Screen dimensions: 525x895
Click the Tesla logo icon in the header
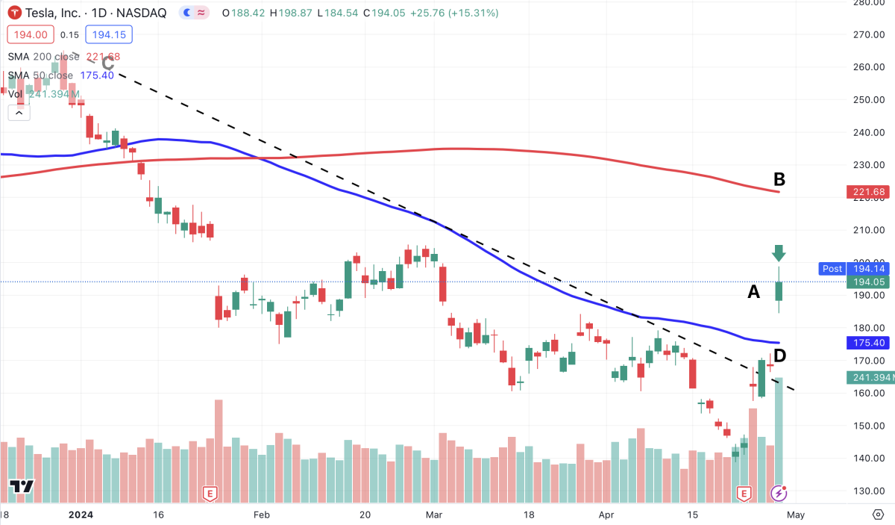click(14, 13)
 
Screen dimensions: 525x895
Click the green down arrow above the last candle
click(779, 253)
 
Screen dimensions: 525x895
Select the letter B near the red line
click(779, 180)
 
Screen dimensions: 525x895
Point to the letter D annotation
click(780, 355)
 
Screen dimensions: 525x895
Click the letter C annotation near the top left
click(107, 63)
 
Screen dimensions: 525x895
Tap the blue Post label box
click(831, 268)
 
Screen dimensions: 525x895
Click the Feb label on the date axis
click(260, 515)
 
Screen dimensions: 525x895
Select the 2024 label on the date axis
click(79, 515)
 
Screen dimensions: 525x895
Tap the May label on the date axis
click(795, 515)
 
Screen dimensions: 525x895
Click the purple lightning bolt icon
click(779, 493)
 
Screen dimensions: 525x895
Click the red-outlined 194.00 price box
click(29, 34)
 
